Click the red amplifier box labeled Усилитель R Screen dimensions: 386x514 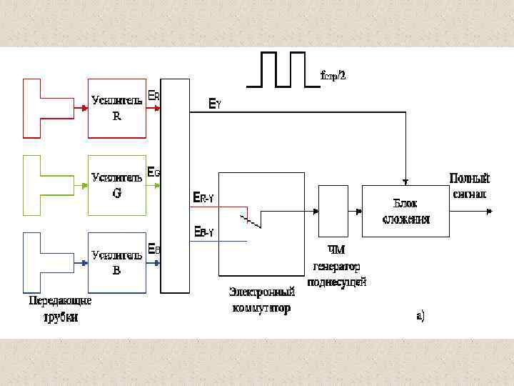(117, 108)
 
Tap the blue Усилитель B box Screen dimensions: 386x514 (117, 262)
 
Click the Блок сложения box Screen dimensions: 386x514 (405, 211)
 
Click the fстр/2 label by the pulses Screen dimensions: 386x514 (333, 75)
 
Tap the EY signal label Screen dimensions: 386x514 (214, 104)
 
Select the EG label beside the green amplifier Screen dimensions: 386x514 (153, 172)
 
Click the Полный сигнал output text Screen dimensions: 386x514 (469, 185)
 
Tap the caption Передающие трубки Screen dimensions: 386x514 (60, 309)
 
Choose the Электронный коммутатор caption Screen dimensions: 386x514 (261, 300)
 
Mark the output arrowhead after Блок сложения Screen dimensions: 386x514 (489, 211)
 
